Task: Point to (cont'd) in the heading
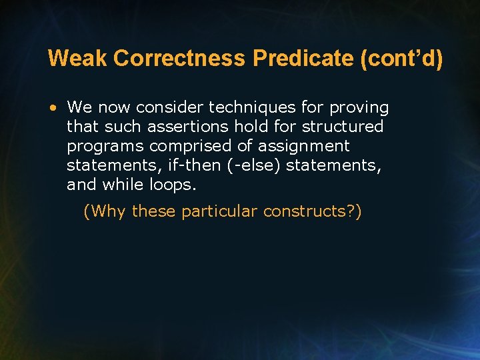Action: [x=401, y=59]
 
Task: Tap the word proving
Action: [x=363, y=107]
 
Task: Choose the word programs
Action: [x=105, y=146]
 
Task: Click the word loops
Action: [x=175, y=185]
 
